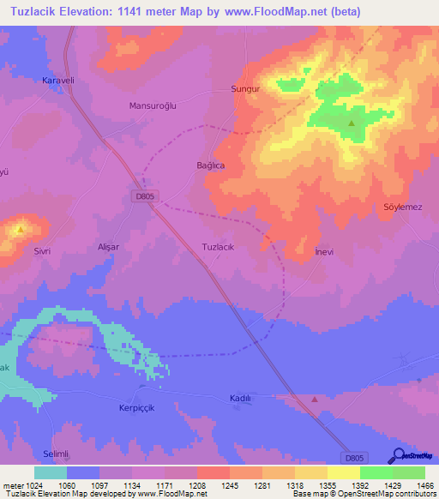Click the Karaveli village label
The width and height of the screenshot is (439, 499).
(x=59, y=81)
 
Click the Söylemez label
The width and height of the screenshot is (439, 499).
(x=402, y=208)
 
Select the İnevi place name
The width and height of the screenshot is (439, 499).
(x=324, y=252)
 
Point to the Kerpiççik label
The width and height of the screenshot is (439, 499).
(x=135, y=409)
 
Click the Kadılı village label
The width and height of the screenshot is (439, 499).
(x=240, y=398)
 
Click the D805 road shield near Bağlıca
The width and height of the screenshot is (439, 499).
(x=144, y=196)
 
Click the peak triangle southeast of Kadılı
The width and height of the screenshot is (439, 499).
(x=315, y=399)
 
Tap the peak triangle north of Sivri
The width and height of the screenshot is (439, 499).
(x=20, y=229)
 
